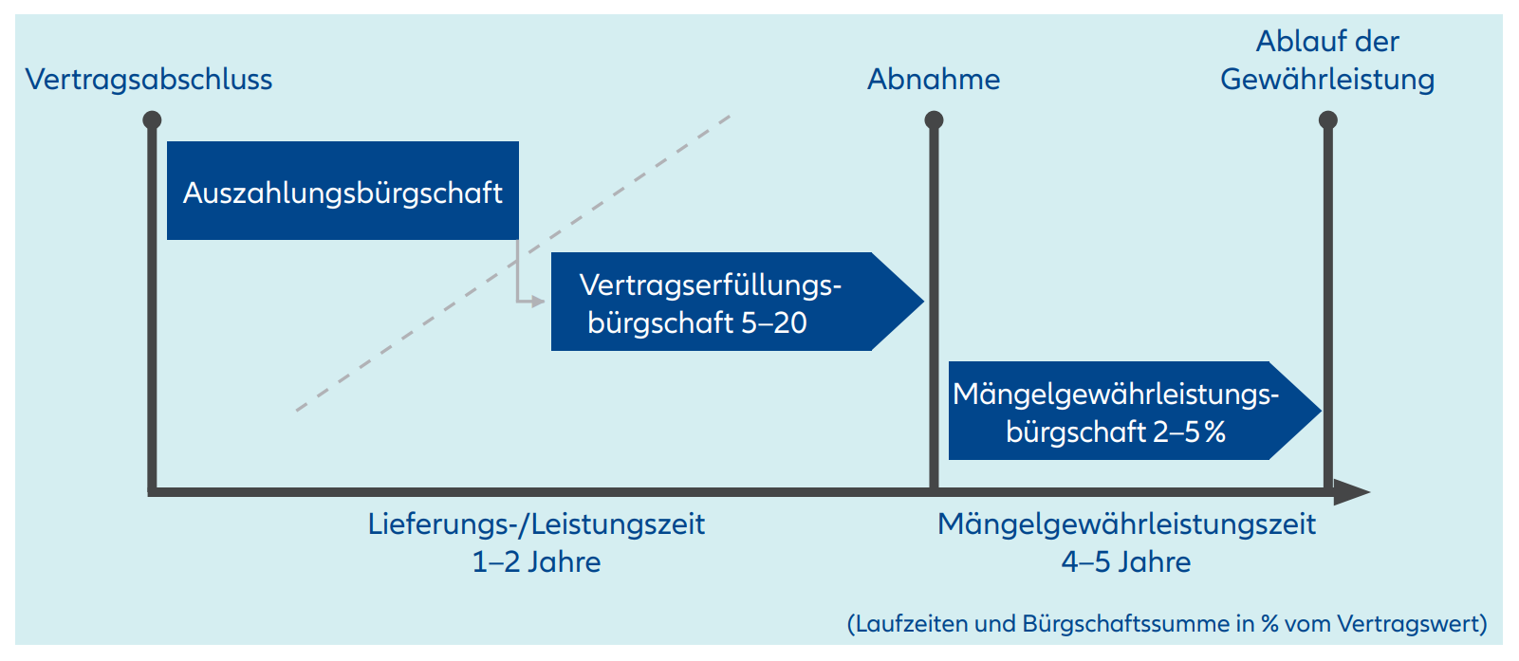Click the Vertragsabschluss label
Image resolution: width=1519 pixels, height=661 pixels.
pyautogui.click(x=149, y=79)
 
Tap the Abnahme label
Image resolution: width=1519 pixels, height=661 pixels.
pyautogui.click(x=934, y=79)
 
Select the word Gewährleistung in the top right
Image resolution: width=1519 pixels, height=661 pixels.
pyautogui.click(x=1327, y=80)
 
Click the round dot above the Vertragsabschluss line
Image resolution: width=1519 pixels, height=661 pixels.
pyautogui.click(x=152, y=119)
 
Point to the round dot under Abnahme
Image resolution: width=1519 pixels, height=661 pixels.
pyautogui.click(x=934, y=119)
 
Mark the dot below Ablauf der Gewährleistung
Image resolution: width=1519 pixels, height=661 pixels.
pyautogui.click(x=1328, y=119)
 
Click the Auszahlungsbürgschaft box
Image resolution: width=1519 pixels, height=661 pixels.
pyautogui.click(x=343, y=191)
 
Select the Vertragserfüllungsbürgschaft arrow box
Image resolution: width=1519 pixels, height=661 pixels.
pyautogui.click(x=721, y=302)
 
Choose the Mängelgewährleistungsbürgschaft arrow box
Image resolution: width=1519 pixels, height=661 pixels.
pyautogui.click(x=1120, y=411)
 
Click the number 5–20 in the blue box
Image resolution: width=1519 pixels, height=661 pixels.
pyautogui.click(x=774, y=322)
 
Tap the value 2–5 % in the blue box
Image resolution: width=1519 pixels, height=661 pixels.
pyautogui.click(x=1190, y=431)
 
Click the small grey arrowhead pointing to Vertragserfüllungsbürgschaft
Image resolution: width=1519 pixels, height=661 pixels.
pyautogui.click(x=539, y=302)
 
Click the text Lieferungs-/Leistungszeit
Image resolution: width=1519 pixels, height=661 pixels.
pyautogui.click(x=536, y=523)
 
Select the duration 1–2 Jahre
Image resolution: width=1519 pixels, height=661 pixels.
pyautogui.click(x=536, y=561)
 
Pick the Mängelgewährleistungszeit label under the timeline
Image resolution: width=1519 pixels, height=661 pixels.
pyautogui.click(x=1126, y=523)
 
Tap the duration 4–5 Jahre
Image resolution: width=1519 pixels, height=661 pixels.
pyautogui.click(x=1126, y=561)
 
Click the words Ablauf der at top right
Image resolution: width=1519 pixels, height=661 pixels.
pyautogui.click(x=1327, y=41)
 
